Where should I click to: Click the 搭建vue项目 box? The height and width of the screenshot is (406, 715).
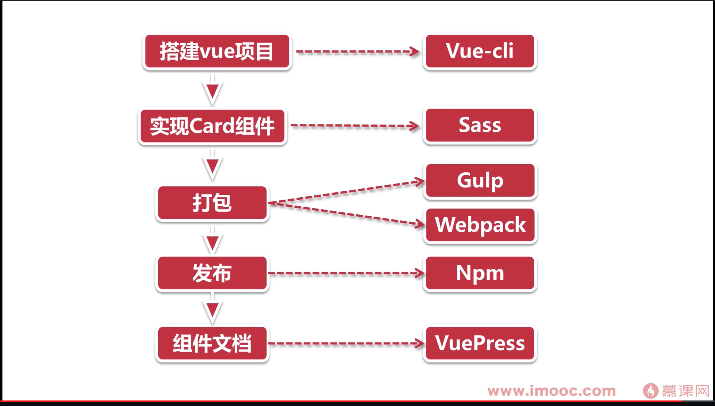[217, 51]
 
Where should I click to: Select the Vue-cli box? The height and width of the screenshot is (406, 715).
[480, 51]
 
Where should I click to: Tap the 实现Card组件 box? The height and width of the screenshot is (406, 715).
[212, 126]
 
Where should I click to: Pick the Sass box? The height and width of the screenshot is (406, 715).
[480, 125]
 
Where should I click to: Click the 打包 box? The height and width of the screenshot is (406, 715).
[212, 203]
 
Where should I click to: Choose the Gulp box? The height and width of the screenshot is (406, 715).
[480, 181]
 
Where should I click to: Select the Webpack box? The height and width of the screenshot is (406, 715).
[480, 225]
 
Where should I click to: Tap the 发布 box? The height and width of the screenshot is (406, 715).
[212, 273]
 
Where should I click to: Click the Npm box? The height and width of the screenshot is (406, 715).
[480, 273]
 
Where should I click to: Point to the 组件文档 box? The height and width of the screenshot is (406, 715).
[212, 343]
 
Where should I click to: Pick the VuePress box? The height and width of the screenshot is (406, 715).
[480, 343]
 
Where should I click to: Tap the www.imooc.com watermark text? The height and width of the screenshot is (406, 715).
[551, 391]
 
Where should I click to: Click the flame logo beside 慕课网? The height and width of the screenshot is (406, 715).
[650, 391]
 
